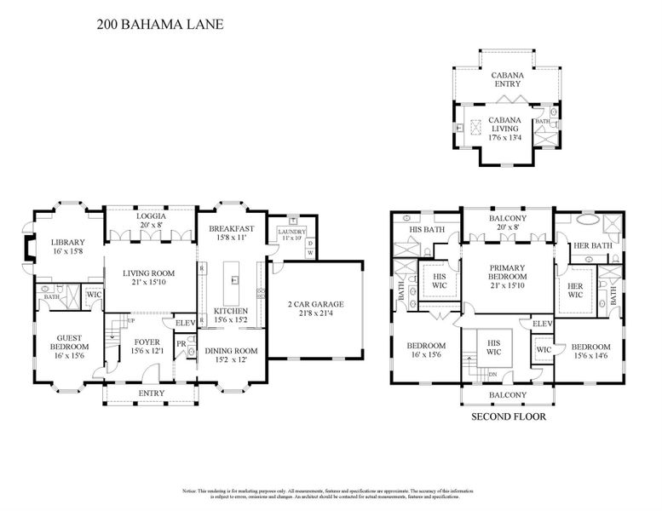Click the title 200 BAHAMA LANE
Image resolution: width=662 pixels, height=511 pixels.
(159, 25)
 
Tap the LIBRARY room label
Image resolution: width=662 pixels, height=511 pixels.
(67, 242)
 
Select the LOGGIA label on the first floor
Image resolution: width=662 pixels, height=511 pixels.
(151, 216)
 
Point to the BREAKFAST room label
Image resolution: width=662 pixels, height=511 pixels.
(232, 228)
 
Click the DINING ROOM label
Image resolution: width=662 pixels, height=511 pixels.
(232, 351)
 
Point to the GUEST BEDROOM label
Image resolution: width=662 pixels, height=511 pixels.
(67, 342)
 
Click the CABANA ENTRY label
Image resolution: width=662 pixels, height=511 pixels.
(508, 79)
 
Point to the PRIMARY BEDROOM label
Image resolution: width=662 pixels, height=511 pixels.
(509, 272)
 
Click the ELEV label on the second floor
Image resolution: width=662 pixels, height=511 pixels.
(542, 324)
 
